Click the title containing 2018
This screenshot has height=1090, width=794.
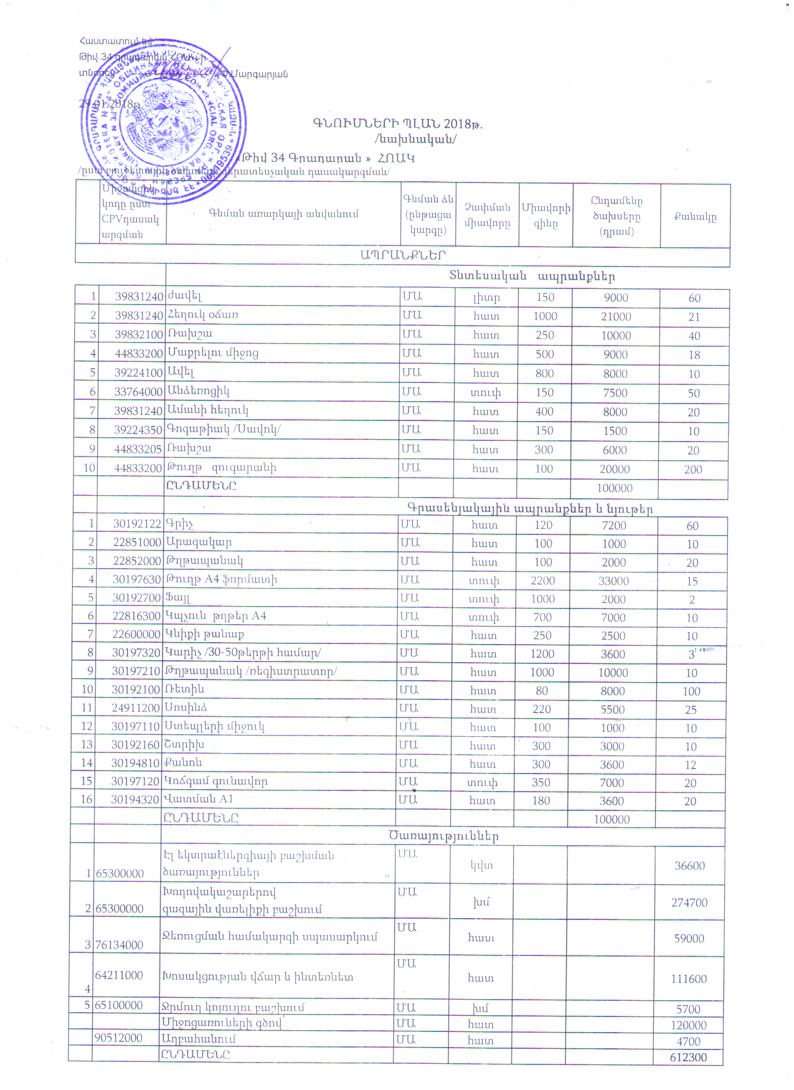pyautogui.click(x=398, y=123)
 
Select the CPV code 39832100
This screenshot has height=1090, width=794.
pyautogui.click(x=139, y=334)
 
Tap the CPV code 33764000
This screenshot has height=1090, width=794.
pyautogui.click(x=139, y=392)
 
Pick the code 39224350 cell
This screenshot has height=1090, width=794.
pyautogui.click(x=139, y=430)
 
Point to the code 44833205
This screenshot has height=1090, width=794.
pyautogui.click(x=138, y=449)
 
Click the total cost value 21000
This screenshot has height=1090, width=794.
pyautogui.click(x=616, y=316)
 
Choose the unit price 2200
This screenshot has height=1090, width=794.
pyautogui.click(x=542, y=581)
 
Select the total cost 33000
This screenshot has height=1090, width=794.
pyautogui.click(x=613, y=581)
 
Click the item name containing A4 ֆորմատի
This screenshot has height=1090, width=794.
pyautogui.click(x=222, y=579)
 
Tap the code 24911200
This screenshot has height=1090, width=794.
pyautogui.click(x=136, y=708)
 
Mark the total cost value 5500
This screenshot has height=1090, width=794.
pyautogui.click(x=612, y=709)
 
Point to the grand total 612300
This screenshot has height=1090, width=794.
pyautogui.click(x=688, y=1057)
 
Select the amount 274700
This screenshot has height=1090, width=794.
pyautogui.click(x=689, y=903)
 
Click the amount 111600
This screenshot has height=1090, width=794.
pyautogui.click(x=689, y=979)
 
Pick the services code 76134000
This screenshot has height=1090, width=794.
pyautogui.click(x=119, y=945)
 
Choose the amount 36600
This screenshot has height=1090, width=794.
pyautogui.click(x=689, y=866)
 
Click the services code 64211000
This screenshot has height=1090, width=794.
pyautogui.click(x=119, y=975)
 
